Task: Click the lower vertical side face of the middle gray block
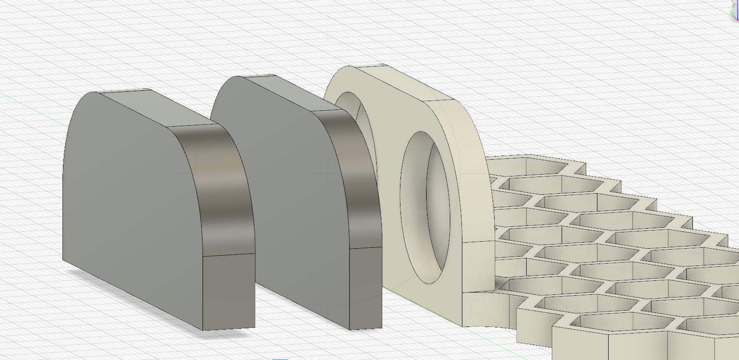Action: point(366,286)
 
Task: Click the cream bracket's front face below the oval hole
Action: point(419,298)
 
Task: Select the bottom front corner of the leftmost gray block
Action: point(203,330)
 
